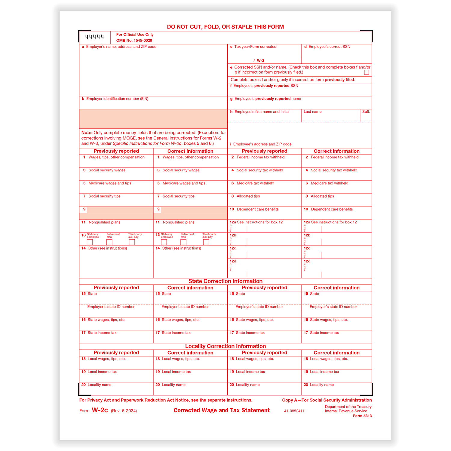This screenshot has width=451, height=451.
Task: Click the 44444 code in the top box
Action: point(94,37)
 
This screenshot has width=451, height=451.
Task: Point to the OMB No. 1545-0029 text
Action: point(134,41)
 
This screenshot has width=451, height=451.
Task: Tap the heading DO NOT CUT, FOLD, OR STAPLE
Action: point(225,27)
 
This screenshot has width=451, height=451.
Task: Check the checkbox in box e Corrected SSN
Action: point(367,72)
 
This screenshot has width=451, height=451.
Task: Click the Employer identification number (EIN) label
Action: point(117,99)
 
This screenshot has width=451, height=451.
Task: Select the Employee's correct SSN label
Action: point(329,47)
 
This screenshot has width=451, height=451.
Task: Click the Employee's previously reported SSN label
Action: point(266,86)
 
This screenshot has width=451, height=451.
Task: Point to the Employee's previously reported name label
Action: point(268,99)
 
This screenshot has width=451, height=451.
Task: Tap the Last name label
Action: point(312,112)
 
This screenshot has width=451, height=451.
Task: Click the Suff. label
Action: point(366,112)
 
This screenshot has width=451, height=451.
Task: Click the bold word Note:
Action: point(87,133)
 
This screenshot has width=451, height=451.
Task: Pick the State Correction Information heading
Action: point(225,281)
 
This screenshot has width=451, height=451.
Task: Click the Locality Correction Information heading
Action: point(225,346)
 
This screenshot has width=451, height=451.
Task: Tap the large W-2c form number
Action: point(100,410)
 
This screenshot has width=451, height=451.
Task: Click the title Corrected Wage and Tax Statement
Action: point(222,410)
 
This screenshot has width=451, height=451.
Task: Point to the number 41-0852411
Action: point(294,411)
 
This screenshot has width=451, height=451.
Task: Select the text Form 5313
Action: point(362,416)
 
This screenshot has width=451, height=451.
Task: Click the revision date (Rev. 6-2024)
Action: point(124,411)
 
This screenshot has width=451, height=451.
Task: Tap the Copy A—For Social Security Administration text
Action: point(327,400)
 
